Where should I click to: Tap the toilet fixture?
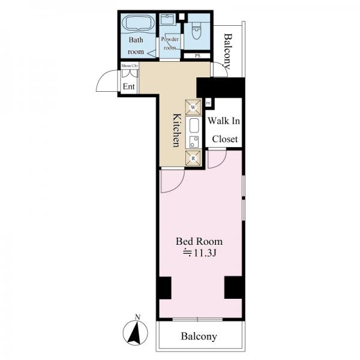[x=196, y=32]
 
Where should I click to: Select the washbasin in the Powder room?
[x=167, y=19]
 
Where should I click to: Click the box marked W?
[x=193, y=107]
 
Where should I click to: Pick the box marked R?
[x=193, y=158]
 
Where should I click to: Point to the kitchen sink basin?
[x=194, y=125]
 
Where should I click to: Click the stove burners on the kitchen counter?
[x=194, y=142]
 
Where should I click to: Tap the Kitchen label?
[x=176, y=130]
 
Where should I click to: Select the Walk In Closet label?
[x=224, y=130]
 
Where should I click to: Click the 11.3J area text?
[x=199, y=253]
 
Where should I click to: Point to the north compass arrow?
[x=135, y=332]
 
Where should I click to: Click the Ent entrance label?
[x=129, y=86]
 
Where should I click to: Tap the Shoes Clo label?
[x=130, y=65]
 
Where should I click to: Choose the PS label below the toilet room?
[x=197, y=56]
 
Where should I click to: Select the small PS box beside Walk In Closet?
[x=208, y=103]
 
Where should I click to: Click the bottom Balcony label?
[x=199, y=337]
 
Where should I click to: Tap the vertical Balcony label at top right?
[x=228, y=51]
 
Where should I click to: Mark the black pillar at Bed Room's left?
[x=166, y=288]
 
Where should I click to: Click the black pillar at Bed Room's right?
[x=233, y=287]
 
